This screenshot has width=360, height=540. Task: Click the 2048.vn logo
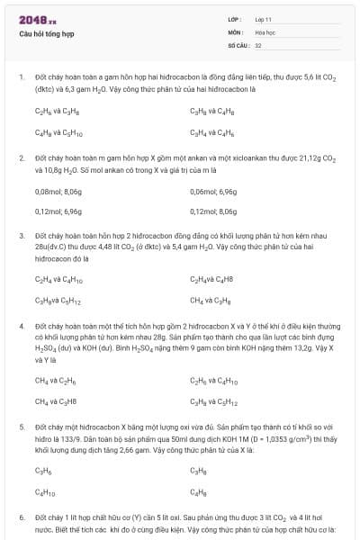38,20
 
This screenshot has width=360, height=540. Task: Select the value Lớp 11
264,19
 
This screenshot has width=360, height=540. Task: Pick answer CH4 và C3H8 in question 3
210,300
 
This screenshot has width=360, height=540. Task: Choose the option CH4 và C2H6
55,381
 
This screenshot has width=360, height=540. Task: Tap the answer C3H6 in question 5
43,470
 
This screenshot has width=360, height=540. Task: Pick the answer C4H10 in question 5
45,491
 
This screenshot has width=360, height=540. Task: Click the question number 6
21,518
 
